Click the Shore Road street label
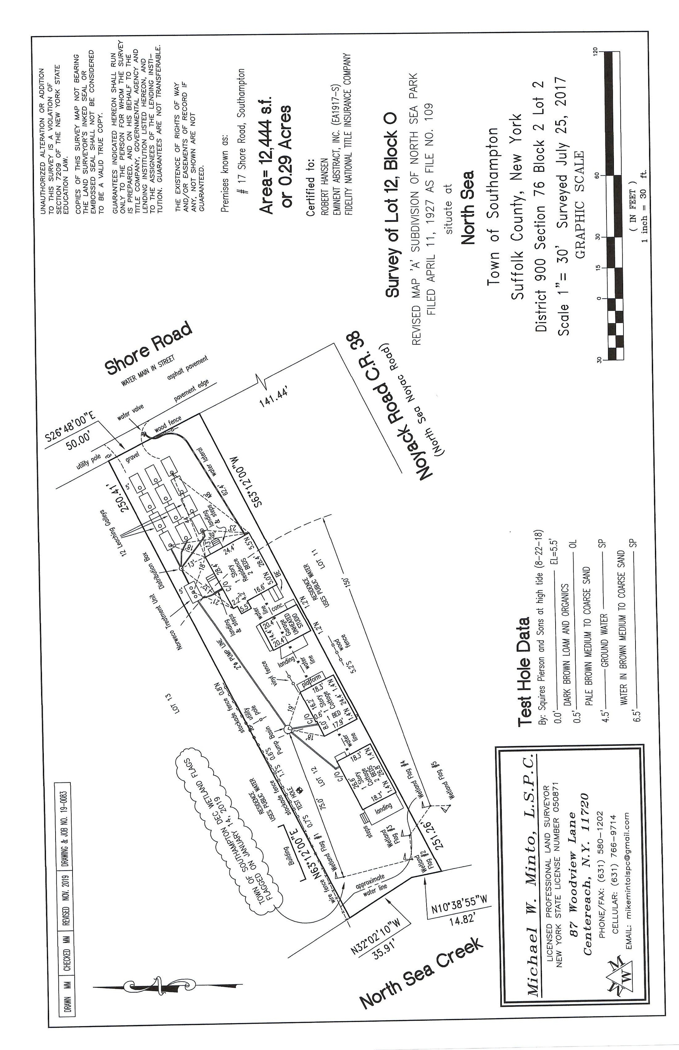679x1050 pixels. (x=149, y=349)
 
